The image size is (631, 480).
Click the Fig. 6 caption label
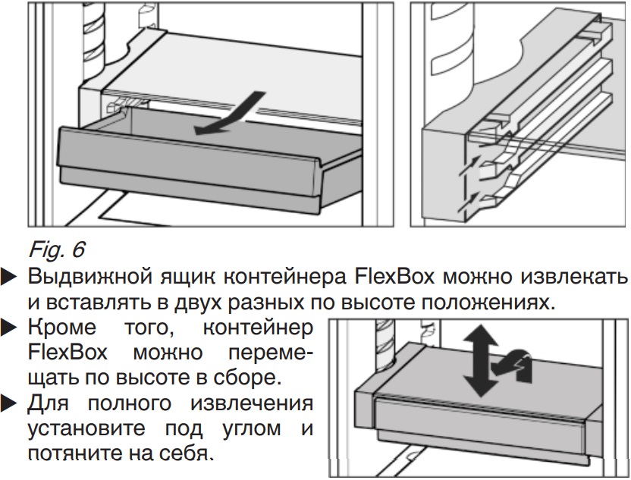coord(57,249)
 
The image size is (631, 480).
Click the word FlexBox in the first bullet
coord(394,277)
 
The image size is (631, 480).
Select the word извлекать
coord(574,277)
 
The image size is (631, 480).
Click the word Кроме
coord(62,328)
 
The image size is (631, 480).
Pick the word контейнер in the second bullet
coord(258,328)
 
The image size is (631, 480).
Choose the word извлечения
coord(251,403)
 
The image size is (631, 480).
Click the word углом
coord(252,429)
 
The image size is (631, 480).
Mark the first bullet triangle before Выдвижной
coord(9,278)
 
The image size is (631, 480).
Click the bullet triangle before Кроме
coord(9,328)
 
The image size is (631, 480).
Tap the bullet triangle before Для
coord(9,403)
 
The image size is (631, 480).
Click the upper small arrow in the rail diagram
coord(469,166)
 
